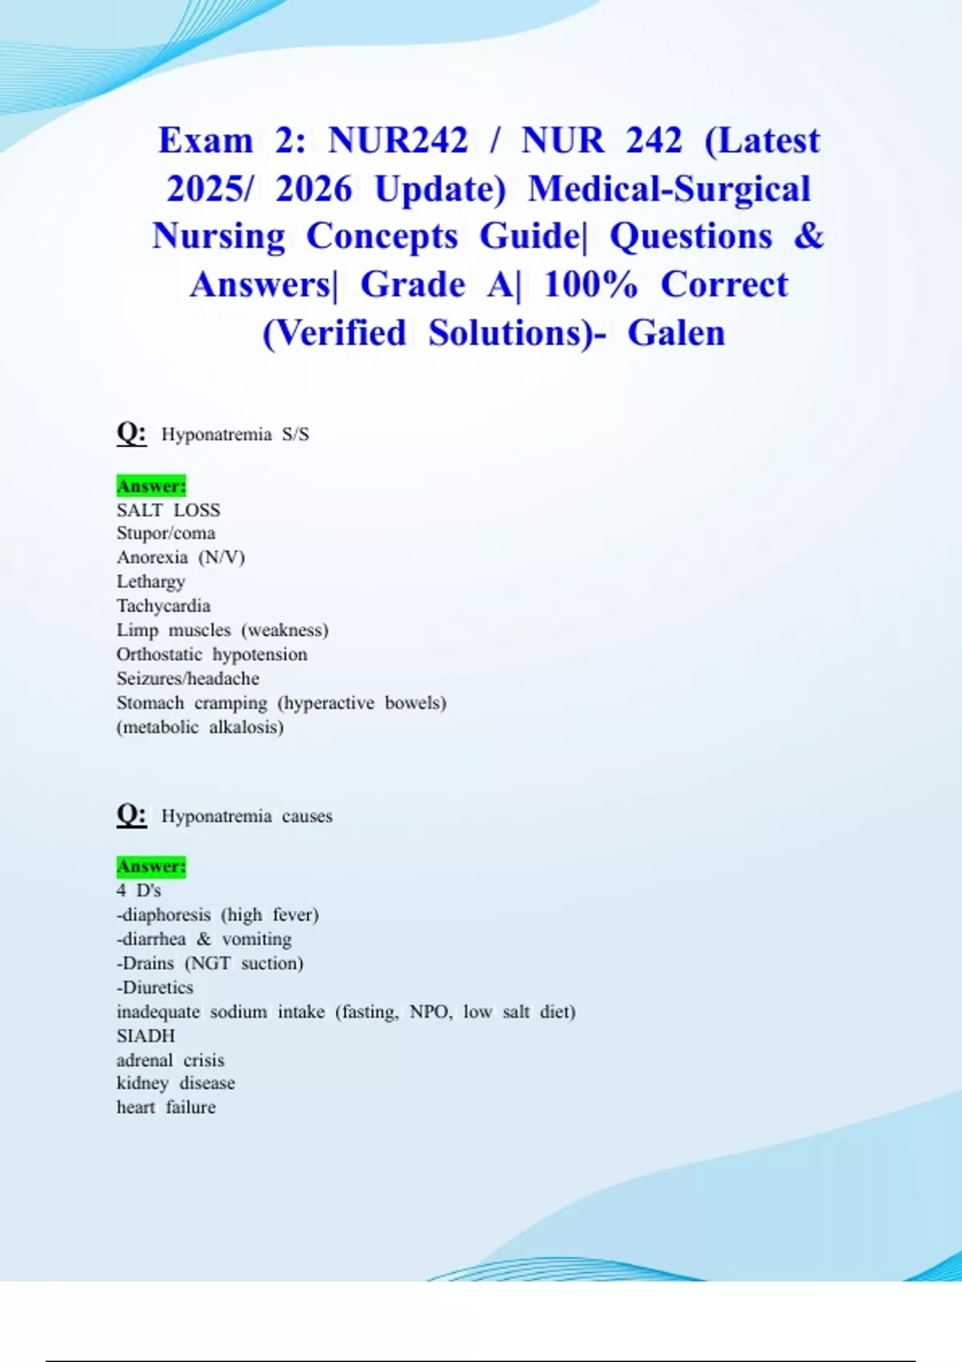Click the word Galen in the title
(x=676, y=333)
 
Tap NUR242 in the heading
(x=398, y=141)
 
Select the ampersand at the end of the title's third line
(x=809, y=236)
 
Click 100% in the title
(x=591, y=285)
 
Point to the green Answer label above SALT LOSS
(x=151, y=486)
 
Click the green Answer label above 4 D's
(x=151, y=866)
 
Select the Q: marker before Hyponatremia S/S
(x=131, y=433)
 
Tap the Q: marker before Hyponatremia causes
(x=131, y=815)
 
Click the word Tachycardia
(x=164, y=606)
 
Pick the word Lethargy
(x=151, y=582)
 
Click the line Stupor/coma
(x=166, y=534)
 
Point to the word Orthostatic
(x=160, y=655)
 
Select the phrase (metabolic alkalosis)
(x=200, y=727)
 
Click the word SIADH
(x=146, y=1036)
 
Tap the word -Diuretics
(x=155, y=988)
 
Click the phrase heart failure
(x=166, y=1107)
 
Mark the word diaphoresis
(x=166, y=915)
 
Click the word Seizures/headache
(x=188, y=679)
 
